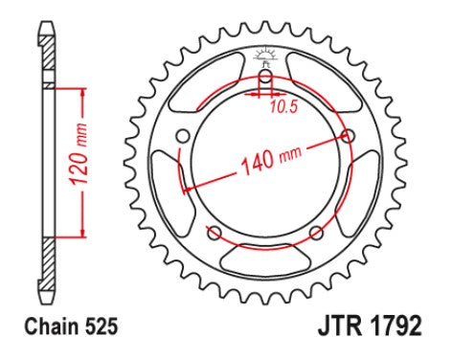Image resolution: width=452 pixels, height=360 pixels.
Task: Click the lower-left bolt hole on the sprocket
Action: click(x=214, y=234)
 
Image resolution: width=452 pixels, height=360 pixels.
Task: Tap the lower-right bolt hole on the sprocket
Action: click(x=317, y=234)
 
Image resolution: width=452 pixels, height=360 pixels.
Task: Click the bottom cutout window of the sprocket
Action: click(x=265, y=258)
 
